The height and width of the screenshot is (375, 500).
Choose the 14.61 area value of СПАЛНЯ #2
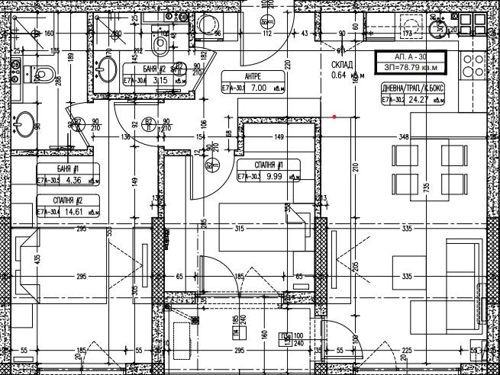tap(73, 212)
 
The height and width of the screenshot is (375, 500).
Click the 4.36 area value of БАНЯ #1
tap(73, 181)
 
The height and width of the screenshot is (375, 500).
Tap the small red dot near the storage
tap(334, 117)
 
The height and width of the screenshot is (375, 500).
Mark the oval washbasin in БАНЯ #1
tap(24, 122)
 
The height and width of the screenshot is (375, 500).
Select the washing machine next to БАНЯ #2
tap(204, 26)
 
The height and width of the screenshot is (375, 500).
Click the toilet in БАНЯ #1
tap(44, 74)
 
